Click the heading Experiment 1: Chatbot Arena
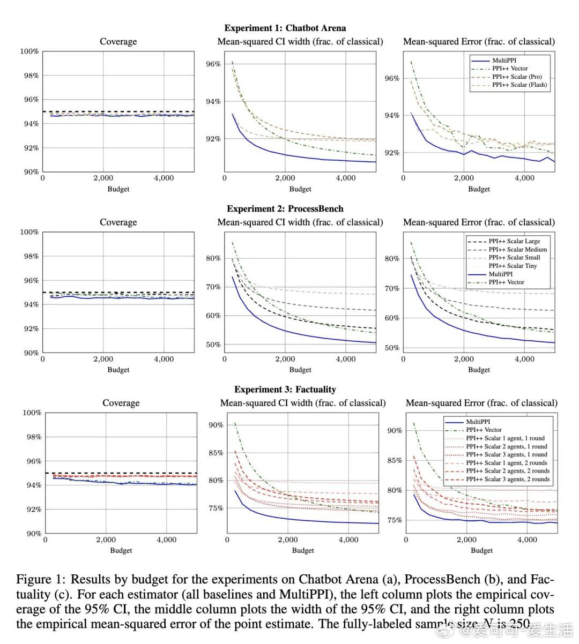285,28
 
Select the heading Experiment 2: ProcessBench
285,208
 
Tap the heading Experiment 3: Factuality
285,390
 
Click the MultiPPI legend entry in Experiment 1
504,61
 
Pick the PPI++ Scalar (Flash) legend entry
519,85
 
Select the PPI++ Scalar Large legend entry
514,241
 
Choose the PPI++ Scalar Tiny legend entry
513,266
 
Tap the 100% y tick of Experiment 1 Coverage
29,51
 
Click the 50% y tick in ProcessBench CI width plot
213,345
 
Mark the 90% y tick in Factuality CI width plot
216,425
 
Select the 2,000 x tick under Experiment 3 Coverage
106,540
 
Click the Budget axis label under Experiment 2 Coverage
118,370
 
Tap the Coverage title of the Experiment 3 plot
121,403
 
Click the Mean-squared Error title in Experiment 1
479,41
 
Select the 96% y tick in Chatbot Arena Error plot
392,78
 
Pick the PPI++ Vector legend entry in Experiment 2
506,282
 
